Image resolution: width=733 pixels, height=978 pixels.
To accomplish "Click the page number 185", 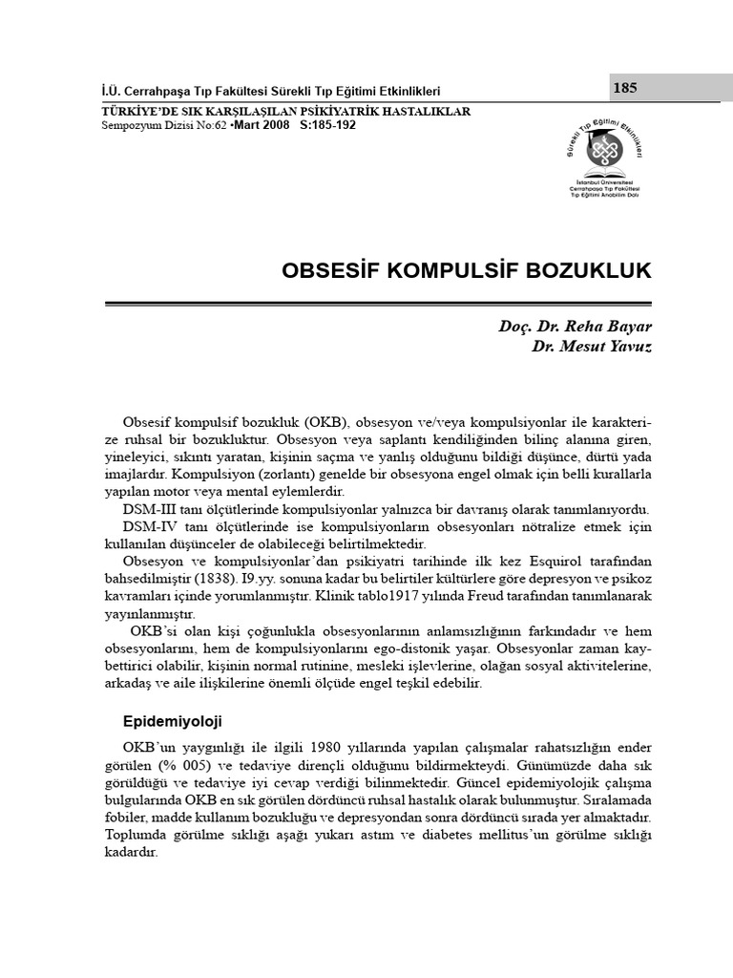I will [x=626, y=89].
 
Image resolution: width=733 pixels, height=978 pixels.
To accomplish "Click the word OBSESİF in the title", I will [x=328, y=271].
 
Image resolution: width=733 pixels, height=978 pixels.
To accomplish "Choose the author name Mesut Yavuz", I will [x=605, y=346].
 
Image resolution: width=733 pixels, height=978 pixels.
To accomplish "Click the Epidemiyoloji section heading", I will [x=174, y=719].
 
